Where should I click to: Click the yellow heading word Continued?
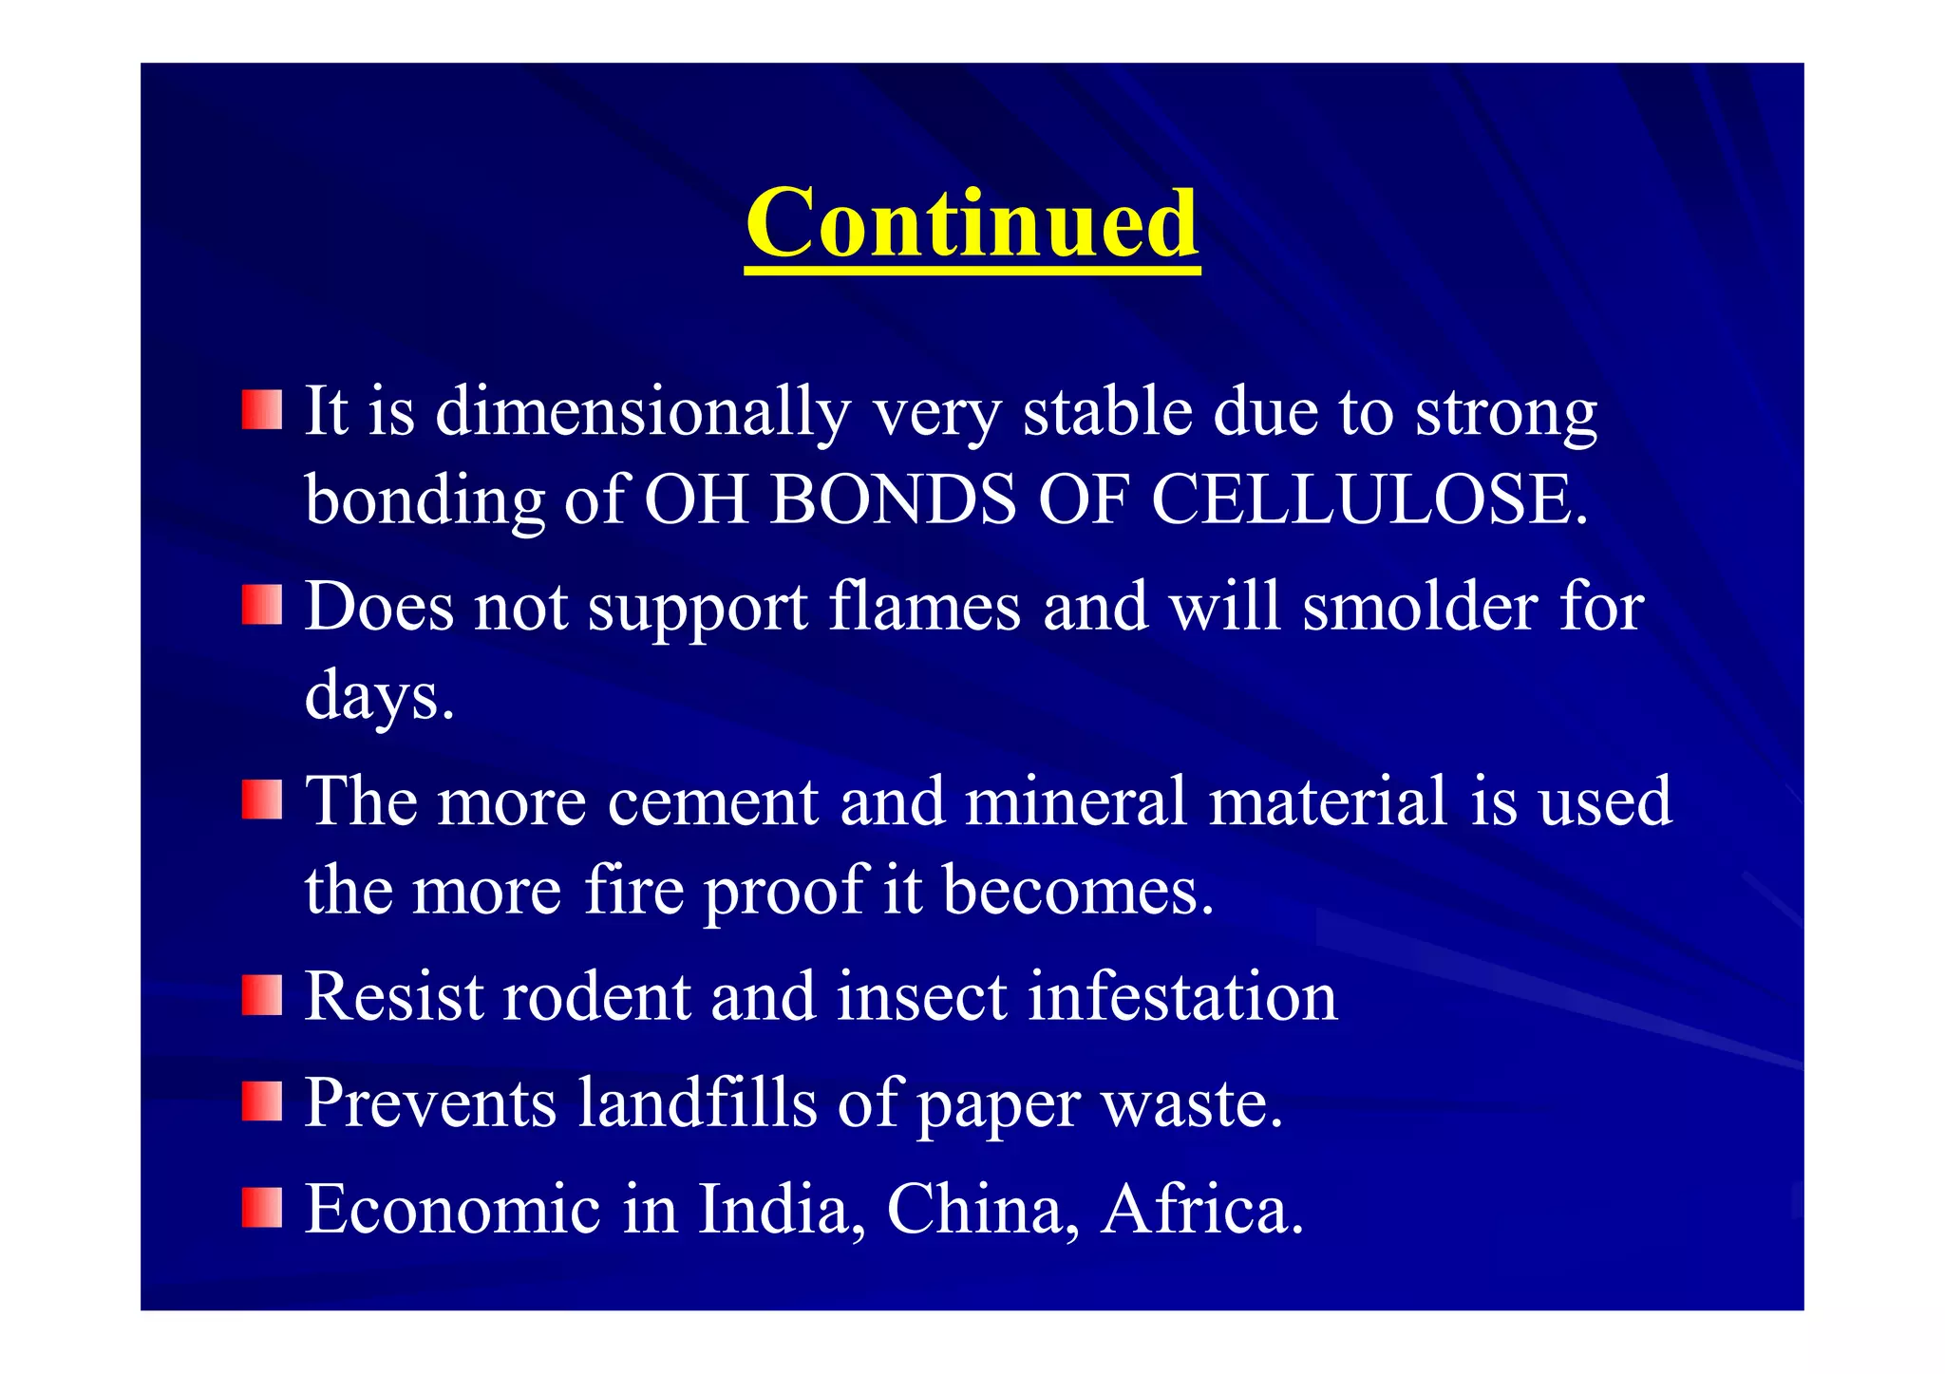[972, 223]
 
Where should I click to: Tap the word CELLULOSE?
[1369, 499]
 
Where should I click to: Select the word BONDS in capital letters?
[894, 499]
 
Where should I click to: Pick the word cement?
[712, 801]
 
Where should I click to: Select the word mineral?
[1075, 801]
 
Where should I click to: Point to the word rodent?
[595, 997]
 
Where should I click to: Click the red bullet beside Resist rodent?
[261, 995]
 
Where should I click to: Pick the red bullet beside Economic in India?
[261, 1207]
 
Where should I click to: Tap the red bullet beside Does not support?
[261, 604]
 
